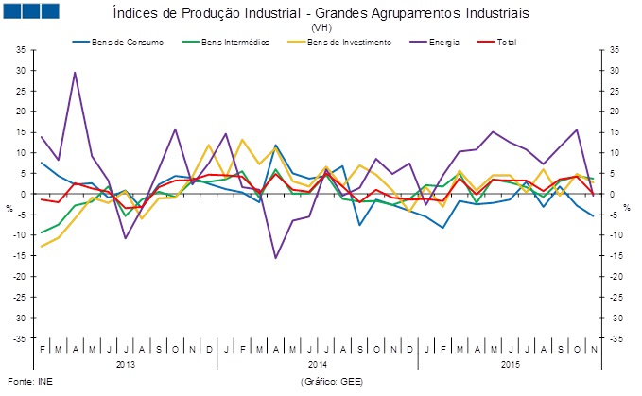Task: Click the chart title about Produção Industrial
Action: tap(321, 14)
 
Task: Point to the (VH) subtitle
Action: tap(321, 28)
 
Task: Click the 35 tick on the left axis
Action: tap(21, 49)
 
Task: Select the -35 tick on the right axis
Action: tap(615, 337)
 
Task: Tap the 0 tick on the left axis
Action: tap(24, 194)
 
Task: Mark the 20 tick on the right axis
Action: tap(615, 112)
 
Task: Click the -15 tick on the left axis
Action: tap(20, 255)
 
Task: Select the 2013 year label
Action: tap(127, 363)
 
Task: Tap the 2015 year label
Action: tap(507, 363)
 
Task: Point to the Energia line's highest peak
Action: tap(76, 73)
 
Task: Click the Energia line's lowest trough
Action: tap(276, 257)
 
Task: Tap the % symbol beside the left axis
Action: tap(9, 207)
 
